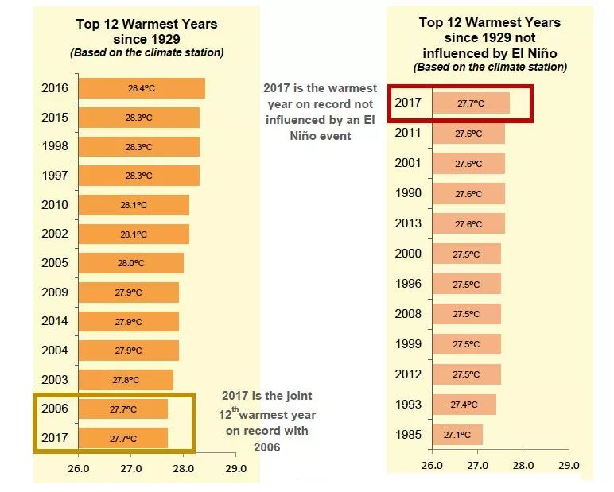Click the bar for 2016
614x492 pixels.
[142, 88]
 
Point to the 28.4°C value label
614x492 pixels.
[142, 88]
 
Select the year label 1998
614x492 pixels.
[55, 146]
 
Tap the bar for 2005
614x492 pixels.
[130, 263]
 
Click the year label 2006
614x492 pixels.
[55, 409]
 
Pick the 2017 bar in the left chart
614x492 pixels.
[122, 438]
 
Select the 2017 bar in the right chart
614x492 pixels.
[471, 103]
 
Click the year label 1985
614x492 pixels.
[408, 435]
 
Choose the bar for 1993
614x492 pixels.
[464, 405]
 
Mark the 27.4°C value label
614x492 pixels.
[464, 405]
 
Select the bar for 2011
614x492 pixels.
[468, 134]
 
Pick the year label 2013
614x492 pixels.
[408, 223]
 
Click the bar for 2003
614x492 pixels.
[126, 380]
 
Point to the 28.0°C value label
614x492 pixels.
[131, 263]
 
